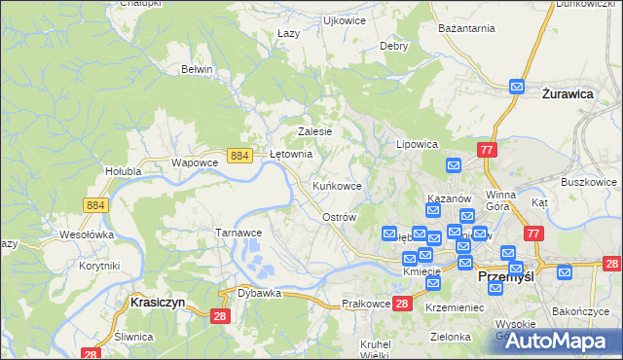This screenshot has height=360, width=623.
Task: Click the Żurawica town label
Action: (x=568, y=95)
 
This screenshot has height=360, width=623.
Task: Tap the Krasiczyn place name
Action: (x=152, y=303)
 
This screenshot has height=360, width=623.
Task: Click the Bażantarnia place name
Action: (x=459, y=30)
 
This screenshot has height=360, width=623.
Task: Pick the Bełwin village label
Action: (x=197, y=69)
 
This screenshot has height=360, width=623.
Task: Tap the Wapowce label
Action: (x=193, y=162)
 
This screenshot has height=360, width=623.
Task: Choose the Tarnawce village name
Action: (x=238, y=233)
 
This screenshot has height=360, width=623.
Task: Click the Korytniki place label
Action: (x=99, y=266)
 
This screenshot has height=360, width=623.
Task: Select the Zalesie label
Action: (x=315, y=131)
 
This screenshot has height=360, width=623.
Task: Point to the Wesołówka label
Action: (x=88, y=234)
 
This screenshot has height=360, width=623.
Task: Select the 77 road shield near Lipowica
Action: (x=488, y=149)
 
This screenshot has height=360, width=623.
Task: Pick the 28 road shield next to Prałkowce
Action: (x=403, y=305)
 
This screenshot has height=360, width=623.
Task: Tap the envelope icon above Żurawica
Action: (x=517, y=86)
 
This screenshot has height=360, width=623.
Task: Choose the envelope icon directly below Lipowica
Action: (x=453, y=166)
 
